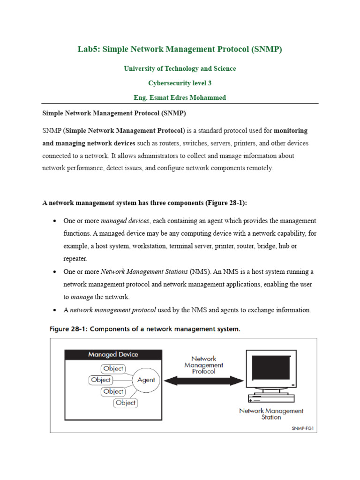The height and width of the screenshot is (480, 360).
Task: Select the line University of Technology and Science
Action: [x=180, y=68]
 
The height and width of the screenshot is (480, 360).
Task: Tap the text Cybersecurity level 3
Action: [x=180, y=83]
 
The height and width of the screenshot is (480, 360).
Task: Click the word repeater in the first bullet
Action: [x=75, y=258]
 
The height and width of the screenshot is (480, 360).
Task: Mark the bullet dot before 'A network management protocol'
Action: [x=55, y=310]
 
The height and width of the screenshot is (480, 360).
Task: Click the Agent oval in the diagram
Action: [x=146, y=380]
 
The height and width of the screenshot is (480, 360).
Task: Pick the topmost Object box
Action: [x=113, y=368]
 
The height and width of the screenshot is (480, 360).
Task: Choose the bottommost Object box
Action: [x=126, y=403]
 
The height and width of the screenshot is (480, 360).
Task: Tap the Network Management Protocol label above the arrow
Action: [x=203, y=365]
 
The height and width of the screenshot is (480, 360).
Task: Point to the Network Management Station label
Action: [x=271, y=414]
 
